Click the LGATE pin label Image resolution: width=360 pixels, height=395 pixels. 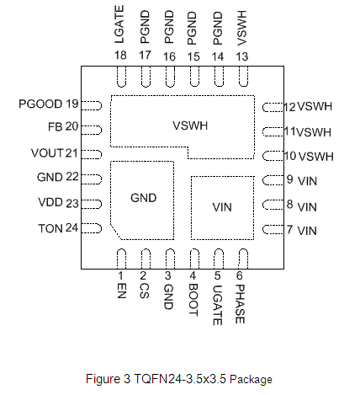[119, 24]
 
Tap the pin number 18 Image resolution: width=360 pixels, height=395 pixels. [120, 56]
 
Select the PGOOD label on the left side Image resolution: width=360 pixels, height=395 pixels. [40, 104]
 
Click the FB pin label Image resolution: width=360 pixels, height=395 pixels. [56, 127]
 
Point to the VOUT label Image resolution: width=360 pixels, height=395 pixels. [47, 153]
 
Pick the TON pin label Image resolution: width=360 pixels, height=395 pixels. [50, 228]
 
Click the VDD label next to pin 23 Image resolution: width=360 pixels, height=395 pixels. [50, 202]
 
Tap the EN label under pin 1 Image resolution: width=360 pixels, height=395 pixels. [122, 291]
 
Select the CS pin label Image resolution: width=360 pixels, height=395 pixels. [145, 291]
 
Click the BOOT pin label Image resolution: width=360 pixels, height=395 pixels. [193, 300]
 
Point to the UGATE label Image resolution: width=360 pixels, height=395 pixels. [218, 305]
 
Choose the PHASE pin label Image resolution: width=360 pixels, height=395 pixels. [240, 304]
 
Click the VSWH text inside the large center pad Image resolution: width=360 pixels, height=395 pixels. [190, 125]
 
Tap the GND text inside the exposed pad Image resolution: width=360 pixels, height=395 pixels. [144, 198]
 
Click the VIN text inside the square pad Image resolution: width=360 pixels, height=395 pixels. [222, 207]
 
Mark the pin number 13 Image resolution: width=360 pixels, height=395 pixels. [242, 56]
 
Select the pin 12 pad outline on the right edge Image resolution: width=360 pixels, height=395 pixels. [273, 108]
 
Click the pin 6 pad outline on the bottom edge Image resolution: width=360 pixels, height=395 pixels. [243, 259]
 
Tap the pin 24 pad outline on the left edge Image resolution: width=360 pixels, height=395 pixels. [92, 228]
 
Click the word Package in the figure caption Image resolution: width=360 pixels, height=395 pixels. [251, 379]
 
